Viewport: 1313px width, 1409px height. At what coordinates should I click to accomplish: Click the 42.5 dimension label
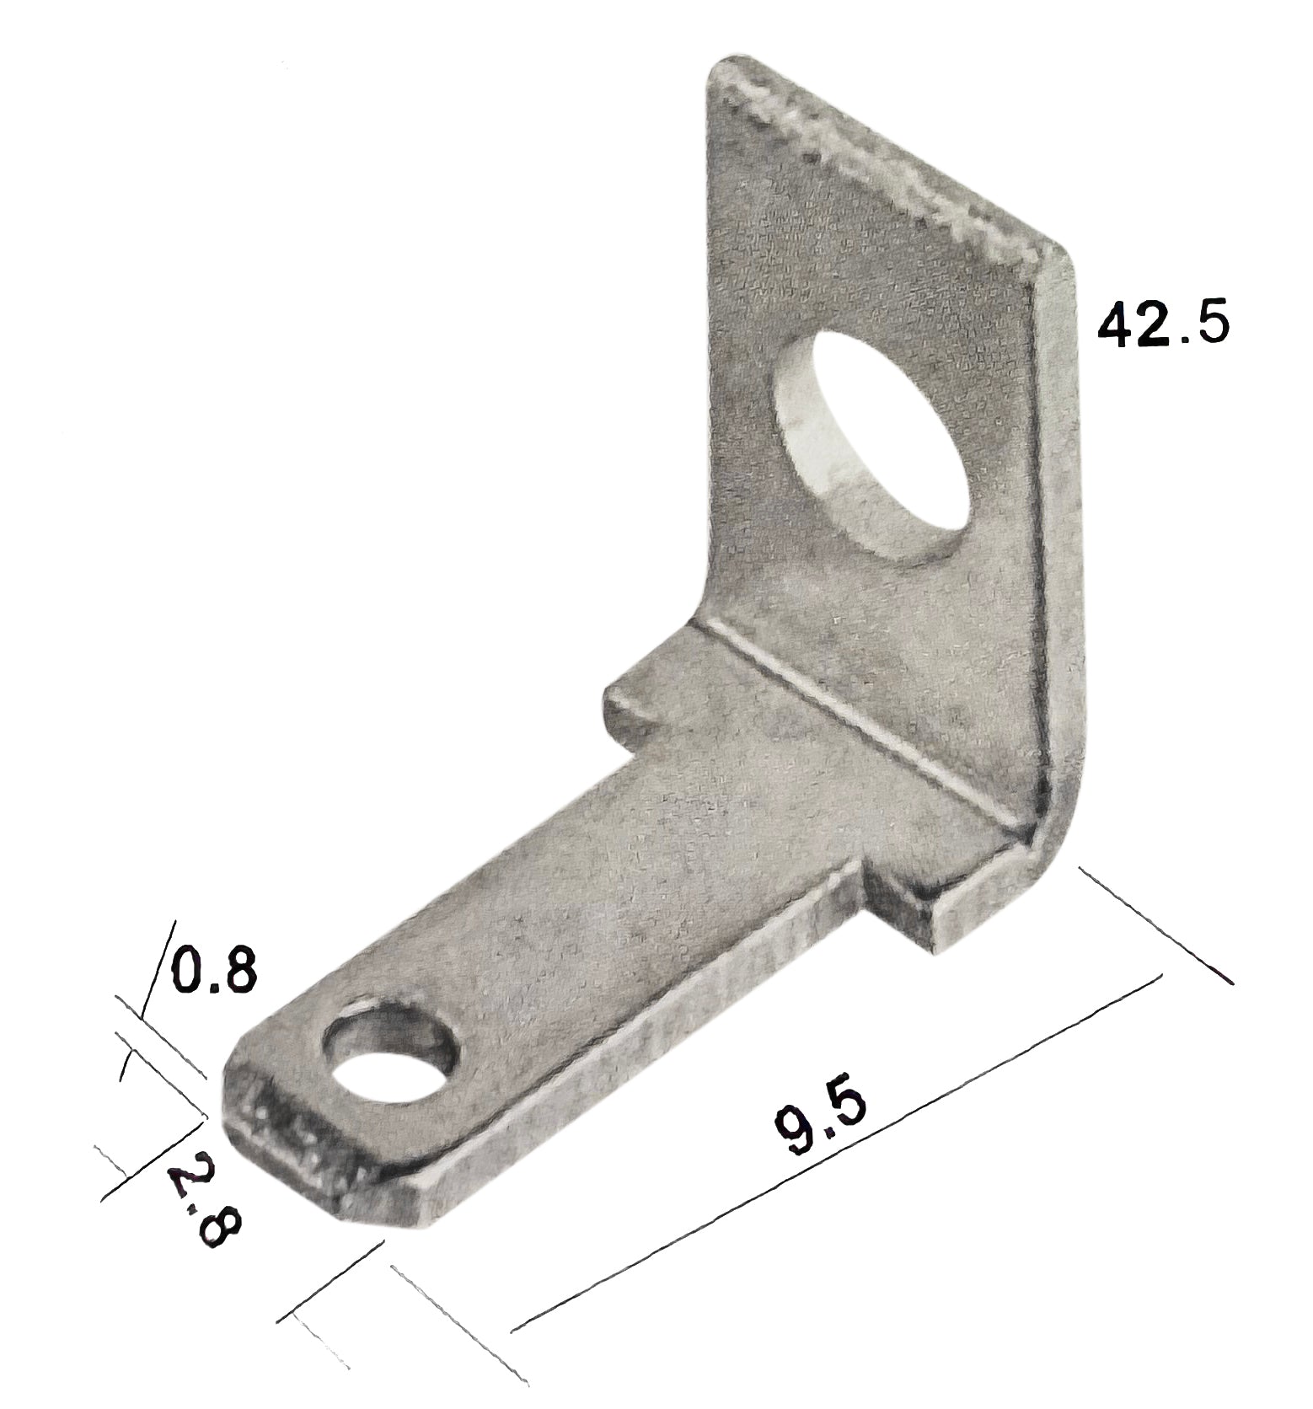(x=1162, y=324)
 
